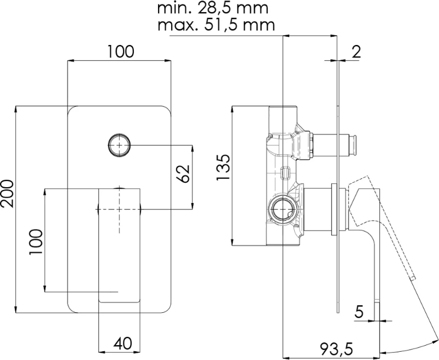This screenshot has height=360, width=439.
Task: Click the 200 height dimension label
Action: click(x=7, y=193)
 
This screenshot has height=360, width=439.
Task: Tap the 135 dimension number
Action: click(x=223, y=167)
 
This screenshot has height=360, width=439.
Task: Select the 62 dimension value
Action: click(x=183, y=173)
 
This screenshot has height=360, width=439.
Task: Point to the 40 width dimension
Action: click(x=122, y=343)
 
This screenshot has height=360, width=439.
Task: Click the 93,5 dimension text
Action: click(x=337, y=349)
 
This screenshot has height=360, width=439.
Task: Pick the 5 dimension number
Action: click(x=359, y=312)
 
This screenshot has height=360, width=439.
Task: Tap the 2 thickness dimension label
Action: click(x=356, y=52)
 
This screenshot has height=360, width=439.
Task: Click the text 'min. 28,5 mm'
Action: click(x=213, y=8)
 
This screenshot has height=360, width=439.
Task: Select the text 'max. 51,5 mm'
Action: click(x=216, y=25)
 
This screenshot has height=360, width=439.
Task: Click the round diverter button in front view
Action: click(x=119, y=145)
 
